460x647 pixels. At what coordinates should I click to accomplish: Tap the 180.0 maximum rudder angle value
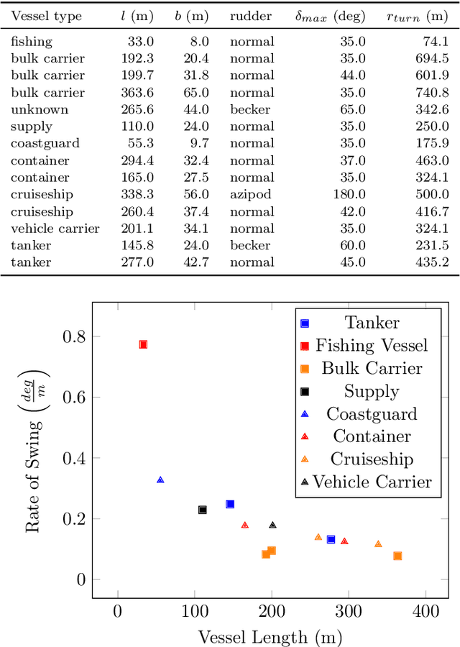[349, 194]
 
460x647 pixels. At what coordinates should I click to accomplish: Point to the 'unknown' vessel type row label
[40, 109]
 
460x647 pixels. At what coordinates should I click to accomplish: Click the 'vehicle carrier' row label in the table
[55, 228]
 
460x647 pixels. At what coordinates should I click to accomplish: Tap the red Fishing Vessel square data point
[143, 344]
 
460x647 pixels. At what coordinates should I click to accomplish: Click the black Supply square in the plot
[203, 510]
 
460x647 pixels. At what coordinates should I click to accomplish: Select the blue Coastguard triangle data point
[160, 479]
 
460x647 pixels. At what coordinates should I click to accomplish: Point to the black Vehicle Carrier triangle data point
[272, 525]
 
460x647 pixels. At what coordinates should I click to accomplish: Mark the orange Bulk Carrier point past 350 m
[397, 556]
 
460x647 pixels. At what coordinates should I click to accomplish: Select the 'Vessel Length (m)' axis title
[270, 636]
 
